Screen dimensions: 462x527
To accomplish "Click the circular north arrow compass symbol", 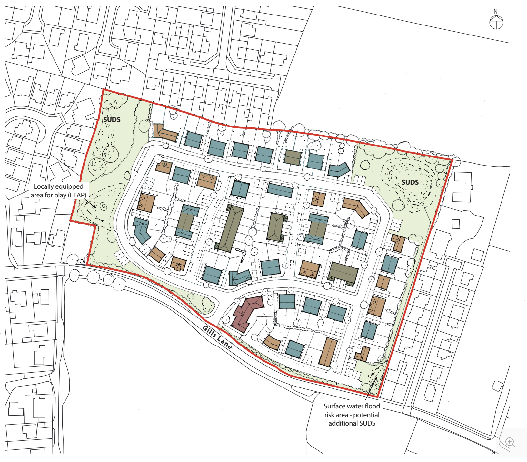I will [x=496, y=23].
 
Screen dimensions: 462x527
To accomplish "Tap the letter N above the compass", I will [x=496, y=12].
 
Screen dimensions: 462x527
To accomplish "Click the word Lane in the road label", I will [x=225, y=343].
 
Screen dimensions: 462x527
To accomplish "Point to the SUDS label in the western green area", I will [x=112, y=120].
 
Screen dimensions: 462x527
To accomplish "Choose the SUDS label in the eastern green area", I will [x=410, y=182].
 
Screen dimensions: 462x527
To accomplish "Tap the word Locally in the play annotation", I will [x=44, y=186].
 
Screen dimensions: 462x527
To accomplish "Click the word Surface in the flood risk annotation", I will [x=334, y=406].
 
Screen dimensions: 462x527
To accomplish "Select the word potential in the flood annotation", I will [x=366, y=415].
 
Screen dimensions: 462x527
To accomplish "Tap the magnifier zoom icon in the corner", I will [x=510, y=442].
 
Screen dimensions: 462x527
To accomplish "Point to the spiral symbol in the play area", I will [x=103, y=206].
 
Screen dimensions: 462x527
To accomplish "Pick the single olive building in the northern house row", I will [x=293, y=157].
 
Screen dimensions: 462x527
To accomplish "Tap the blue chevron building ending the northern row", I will [x=339, y=169].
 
